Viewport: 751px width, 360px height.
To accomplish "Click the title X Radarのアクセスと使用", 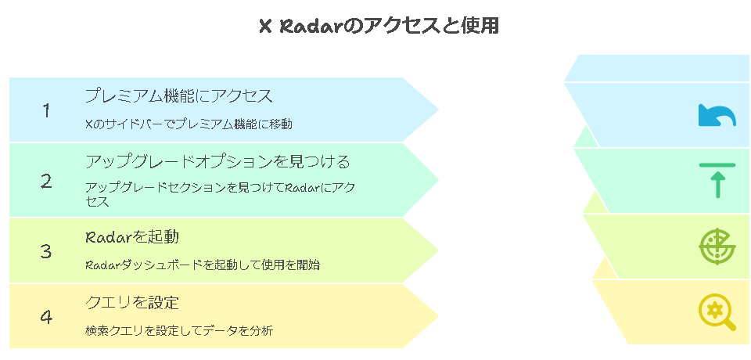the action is (379, 27).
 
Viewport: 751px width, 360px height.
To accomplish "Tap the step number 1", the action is (46, 110).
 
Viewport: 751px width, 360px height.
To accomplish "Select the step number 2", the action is (46, 182).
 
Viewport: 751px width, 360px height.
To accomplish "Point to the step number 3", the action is (46, 250).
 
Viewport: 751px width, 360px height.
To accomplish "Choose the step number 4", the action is (46, 317).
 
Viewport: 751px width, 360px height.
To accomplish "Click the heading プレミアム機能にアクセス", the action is (178, 96).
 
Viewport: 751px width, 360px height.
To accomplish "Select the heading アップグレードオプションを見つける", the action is (217, 161).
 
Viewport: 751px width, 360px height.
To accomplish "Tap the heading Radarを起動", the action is (132, 237).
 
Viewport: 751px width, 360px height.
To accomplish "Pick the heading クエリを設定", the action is (132, 302).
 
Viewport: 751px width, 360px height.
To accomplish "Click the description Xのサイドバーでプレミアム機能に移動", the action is (189, 124).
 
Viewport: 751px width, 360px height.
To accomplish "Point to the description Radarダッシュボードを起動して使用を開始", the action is (202, 265).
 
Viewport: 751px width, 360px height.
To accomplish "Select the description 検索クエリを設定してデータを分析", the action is (179, 330).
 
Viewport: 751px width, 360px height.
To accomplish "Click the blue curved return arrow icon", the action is (717, 115).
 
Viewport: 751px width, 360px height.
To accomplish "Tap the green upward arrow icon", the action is (717, 181).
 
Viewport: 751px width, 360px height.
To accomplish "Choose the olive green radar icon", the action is (717, 247).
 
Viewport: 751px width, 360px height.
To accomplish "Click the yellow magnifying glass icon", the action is (717, 312).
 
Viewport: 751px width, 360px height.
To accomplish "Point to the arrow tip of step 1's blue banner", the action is (439, 110).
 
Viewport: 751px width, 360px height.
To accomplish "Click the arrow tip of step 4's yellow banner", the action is (439, 316).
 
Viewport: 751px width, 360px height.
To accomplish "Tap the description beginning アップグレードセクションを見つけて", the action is (220, 194).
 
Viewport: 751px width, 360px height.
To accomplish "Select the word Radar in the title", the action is (312, 27).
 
